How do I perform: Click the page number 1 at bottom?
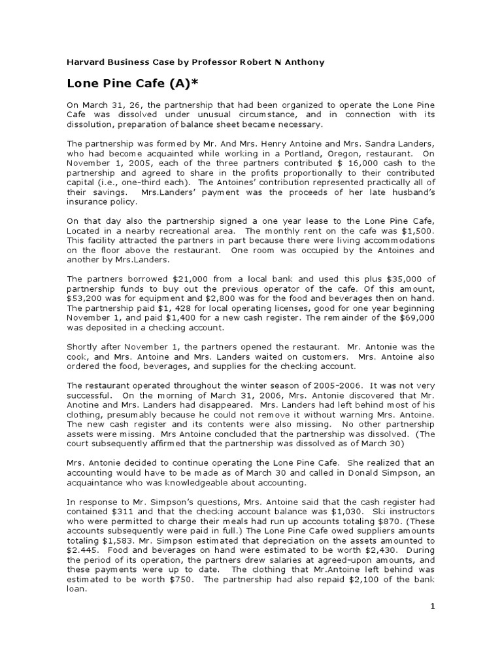coord(432,607)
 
